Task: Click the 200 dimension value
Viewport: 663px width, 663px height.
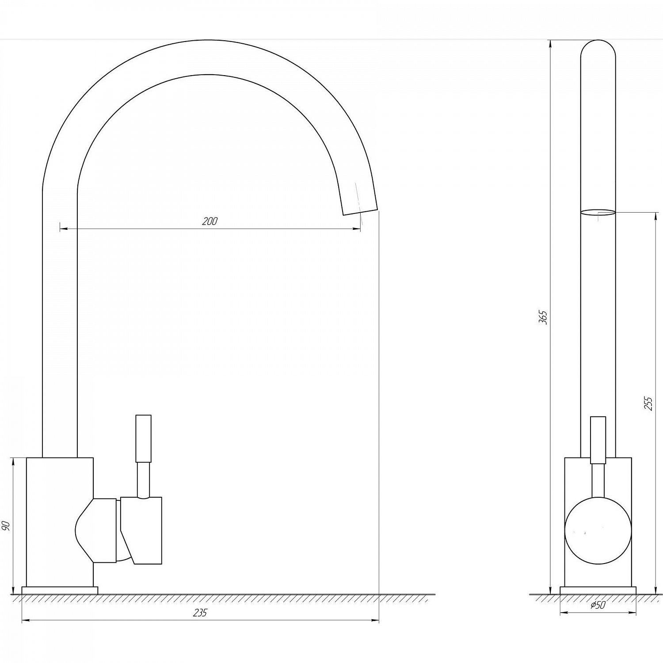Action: tap(210, 221)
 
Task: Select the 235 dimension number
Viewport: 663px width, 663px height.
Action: tap(200, 613)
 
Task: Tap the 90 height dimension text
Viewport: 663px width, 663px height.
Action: tap(6, 526)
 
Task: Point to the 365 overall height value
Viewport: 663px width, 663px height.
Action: tap(543, 317)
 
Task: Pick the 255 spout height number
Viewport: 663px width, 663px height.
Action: tap(648, 404)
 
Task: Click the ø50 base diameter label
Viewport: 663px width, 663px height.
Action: tap(598, 605)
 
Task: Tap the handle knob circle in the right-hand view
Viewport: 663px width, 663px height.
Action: tap(598, 531)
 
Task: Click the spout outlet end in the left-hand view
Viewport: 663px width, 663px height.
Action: tap(361, 212)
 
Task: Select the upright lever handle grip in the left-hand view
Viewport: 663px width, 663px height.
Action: tap(143, 438)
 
